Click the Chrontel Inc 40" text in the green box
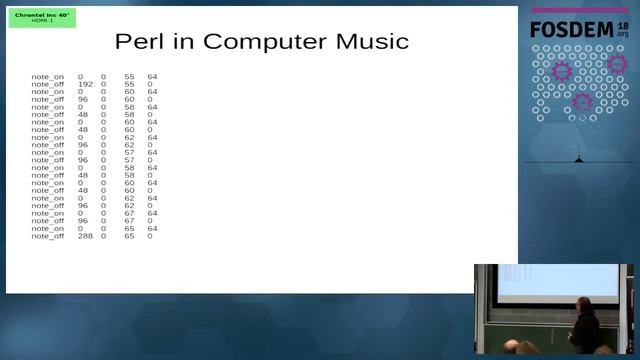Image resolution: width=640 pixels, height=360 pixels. [41, 15]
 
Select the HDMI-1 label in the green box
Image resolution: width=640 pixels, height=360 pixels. [41, 21]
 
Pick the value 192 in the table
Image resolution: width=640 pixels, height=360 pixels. [85, 84]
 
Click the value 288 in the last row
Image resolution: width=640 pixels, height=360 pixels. [85, 235]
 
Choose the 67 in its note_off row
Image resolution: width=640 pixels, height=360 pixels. [129, 220]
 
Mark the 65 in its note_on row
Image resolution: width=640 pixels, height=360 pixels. [129, 228]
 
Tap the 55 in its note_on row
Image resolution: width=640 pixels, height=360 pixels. [129, 76]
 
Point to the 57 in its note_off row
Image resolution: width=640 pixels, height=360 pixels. [129, 159]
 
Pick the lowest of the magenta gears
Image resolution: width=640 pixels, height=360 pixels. [583, 101]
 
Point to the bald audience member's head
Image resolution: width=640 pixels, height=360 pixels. [526, 349]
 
